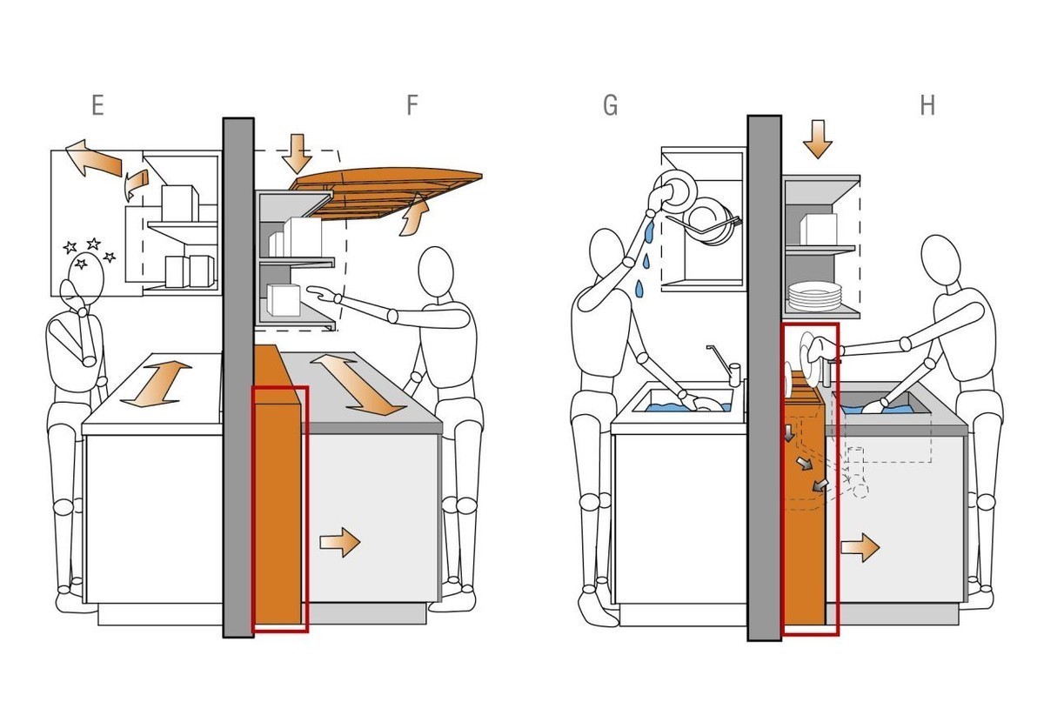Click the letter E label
[x=97, y=105]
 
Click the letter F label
[x=412, y=105]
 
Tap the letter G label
[x=610, y=105]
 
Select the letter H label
[x=927, y=105]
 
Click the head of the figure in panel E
[x=86, y=278]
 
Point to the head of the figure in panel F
[x=436, y=271]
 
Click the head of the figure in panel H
[x=940, y=259]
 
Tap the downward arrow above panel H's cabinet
[x=818, y=139]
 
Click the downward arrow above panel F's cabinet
[x=297, y=154]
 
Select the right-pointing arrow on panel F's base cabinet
[x=340, y=542]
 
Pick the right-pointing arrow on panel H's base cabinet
[x=860, y=547]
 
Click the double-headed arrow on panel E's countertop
[x=156, y=384]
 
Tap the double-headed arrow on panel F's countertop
[x=358, y=384]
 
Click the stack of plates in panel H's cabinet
[x=814, y=297]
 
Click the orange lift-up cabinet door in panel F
[x=385, y=192]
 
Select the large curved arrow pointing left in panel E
[x=94, y=158]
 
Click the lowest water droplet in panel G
[x=640, y=288]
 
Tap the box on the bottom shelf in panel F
[x=284, y=300]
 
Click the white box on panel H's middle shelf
[x=818, y=230]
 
